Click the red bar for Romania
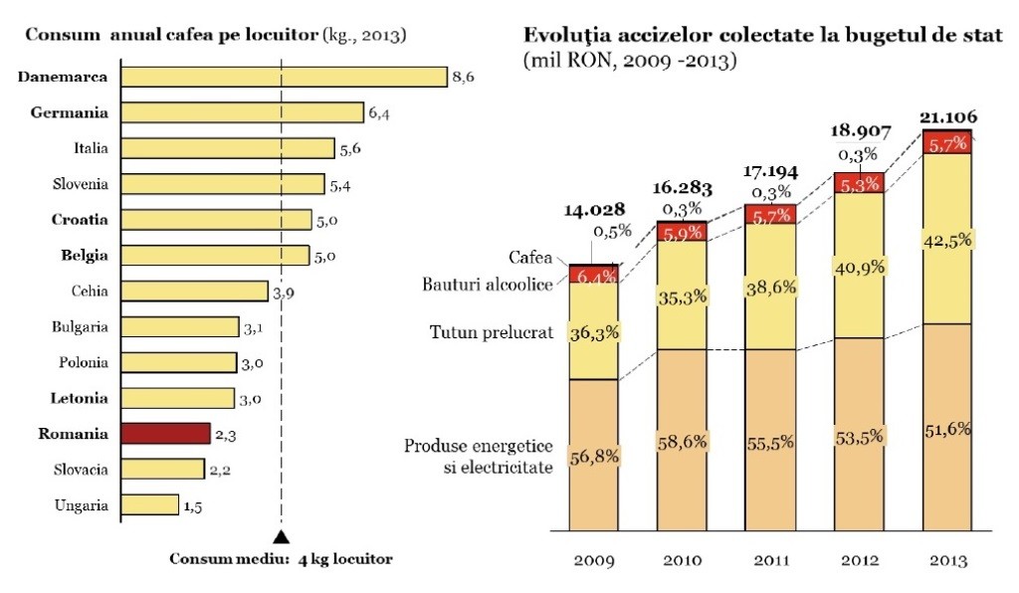tap(165, 433)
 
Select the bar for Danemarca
tap(284, 77)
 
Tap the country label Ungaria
tap(81, 505)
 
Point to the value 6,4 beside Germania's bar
tap(378, 113)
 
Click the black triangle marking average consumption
tap(282, 537)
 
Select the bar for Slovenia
tap(222, 184)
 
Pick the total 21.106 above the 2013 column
tap(948, 117)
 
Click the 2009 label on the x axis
tap(593, 560)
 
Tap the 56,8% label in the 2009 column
tap(594, 457)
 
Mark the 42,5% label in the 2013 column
tap(948, 239)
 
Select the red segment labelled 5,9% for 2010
tap(681, 232)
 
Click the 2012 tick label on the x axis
tap(859, 560)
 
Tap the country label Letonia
tap(79, 398)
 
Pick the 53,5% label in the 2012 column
tap(860, 435)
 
